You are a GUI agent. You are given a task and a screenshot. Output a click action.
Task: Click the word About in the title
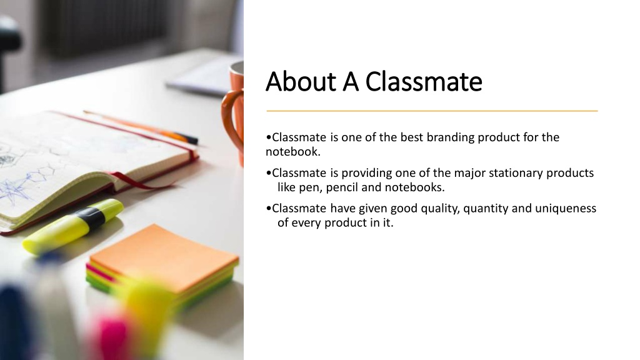301,81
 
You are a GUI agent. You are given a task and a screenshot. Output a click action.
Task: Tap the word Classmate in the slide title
424,81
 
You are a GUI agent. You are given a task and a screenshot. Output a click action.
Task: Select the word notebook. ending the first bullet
293,152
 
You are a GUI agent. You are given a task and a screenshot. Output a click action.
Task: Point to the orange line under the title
432,111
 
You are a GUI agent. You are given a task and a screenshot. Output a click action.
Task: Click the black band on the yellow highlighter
90,217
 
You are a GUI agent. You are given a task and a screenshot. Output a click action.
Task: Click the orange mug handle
231,118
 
